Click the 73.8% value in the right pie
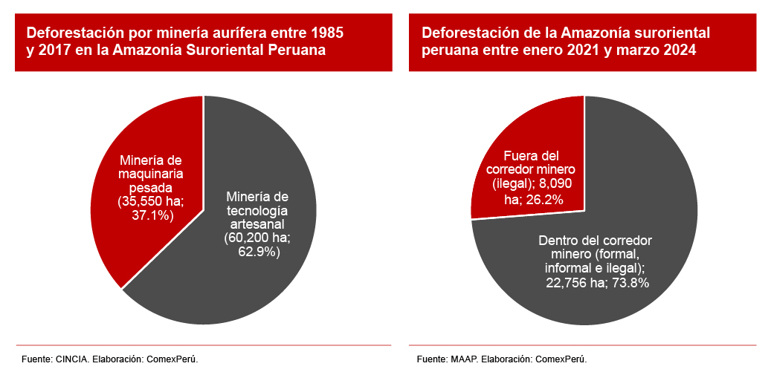[628, 282]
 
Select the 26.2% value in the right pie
[544, 199]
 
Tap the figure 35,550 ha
[151, 202]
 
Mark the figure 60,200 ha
[257, 238]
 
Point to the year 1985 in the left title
[328, 33]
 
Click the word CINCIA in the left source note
[72, 359]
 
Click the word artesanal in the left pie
[257, 224]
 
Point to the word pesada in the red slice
[150, 188]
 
